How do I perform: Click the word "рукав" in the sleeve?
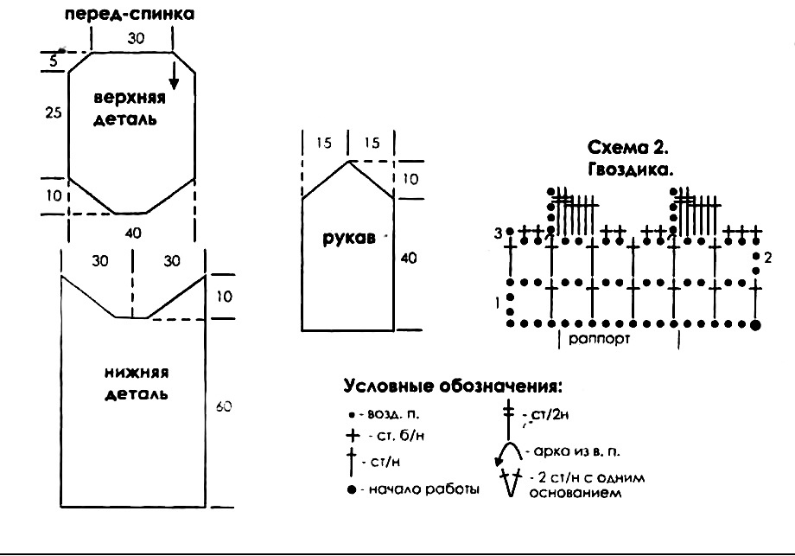click(343, 240)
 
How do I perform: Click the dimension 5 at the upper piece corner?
click(54, 61)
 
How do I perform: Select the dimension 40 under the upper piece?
click(132, 232)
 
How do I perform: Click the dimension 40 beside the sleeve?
click(409, 258)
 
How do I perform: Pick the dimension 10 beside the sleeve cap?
click(410, 179)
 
